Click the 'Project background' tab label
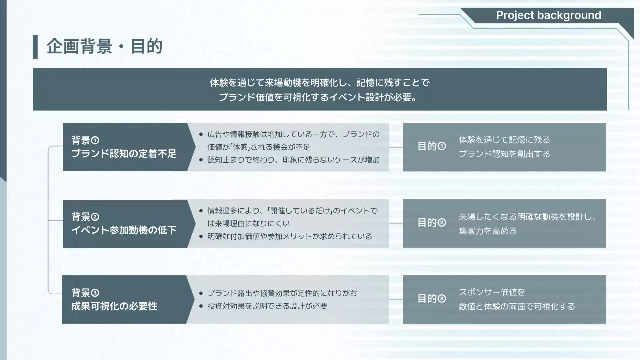tap(548, 15)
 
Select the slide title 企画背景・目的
tap(105, 47)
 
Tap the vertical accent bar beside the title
tap(35, 47)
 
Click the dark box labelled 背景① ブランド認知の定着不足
tap(125, 147)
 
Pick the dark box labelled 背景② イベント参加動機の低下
tap(125, 223)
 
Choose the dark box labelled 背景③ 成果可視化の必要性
tap(125, 299)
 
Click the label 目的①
tap(431, 147)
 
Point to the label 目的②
tap(431, 223)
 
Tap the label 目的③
tap(431, 299)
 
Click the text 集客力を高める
tap(488, 231)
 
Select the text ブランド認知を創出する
tap(504, 154)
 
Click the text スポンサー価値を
tap(492, 292)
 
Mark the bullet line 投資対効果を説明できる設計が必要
tap(267, 306)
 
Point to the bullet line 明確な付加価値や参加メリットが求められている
tap(290, 236)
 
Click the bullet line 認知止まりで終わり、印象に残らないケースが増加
tap(293, 160)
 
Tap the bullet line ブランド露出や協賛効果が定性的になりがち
tap(282, 293)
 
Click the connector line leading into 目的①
tap(396, 147)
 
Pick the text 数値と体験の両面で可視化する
tap(517, 306)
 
